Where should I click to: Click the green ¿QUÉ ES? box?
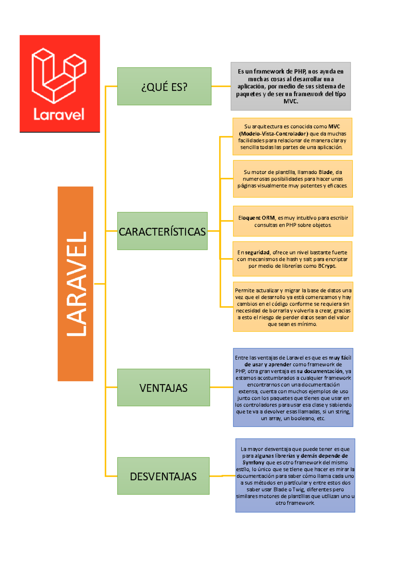click(x=164, y=86)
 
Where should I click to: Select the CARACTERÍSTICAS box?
click(x=162, y=231)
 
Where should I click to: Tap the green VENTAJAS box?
click(x=163, y=388)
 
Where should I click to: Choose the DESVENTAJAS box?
click(x=163, y=476)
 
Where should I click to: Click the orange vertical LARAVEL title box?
click(x=75, y=284)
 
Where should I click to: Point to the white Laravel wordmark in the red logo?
click(x=59, y=115)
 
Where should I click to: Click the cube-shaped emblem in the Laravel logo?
click(x=59, y=75)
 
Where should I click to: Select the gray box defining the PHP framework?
click(x=290, y=86)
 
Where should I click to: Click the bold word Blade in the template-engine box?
click(x=326, y=172)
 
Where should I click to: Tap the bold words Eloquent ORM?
click(x=256, y=218)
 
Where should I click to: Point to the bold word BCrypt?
click(x=327, y=266)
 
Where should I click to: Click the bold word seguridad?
click(x=257, y=253)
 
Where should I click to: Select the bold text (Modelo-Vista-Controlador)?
click(x=273, y=134)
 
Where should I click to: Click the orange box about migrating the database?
click(x=293, y=307)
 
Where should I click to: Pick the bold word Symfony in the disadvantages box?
click(x=253, y=463)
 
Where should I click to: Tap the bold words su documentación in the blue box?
click(x=320, y=371)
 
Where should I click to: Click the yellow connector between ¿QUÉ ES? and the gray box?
click(x=221, y=86)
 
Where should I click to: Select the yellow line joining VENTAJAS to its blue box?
click(x=221, y=387)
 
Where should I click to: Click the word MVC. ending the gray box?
click(x=291, y=101)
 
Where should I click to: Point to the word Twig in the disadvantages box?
click(x=298, y=490)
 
